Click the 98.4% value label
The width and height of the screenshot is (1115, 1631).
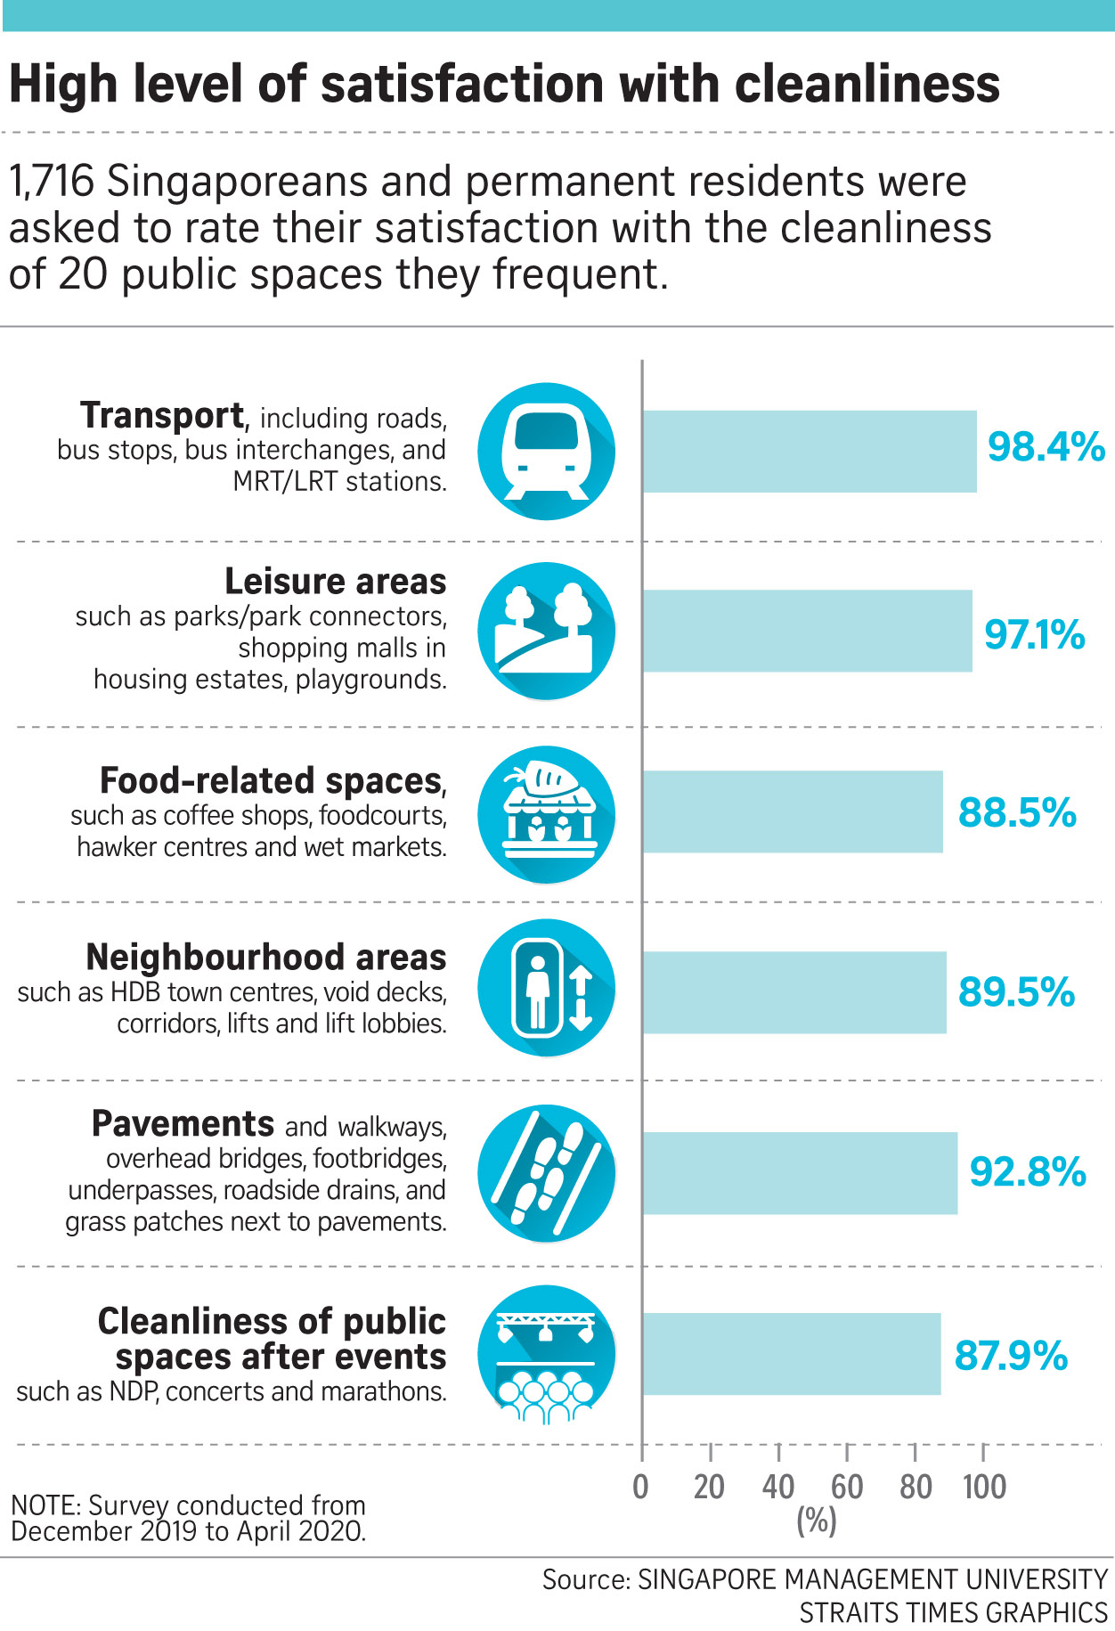click(x=1046, y=446)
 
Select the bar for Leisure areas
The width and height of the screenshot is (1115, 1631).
click(x=807, y=631)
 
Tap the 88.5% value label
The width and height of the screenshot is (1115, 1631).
click(x=1017, y=812)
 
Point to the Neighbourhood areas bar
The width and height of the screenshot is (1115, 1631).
click(x=794, y=992)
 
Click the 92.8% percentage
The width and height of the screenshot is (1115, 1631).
click(x=1028, y=1171)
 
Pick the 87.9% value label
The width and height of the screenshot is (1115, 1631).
click(x=1011, y=1356)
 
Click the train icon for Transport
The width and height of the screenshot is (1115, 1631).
click(x=546, y=452)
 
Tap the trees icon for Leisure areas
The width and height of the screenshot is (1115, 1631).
click(x=546, y=631)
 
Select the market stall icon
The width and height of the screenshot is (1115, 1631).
click(x=546, y=814)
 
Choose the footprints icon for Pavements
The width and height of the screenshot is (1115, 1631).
click(x=546, y=1172)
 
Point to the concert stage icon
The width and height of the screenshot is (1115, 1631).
click(x=546, y=1354)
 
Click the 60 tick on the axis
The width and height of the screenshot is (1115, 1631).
click(x=847, y=1487)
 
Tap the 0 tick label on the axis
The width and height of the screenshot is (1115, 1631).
click(x=641, y=1487)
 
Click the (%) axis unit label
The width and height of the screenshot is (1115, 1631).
click(x=817, y=1521)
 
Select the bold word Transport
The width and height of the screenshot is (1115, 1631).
click(x=162, y=416)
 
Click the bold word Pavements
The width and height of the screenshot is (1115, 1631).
click(x=183, y=1124)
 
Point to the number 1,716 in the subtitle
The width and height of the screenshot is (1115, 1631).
click(x=52, y=182)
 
